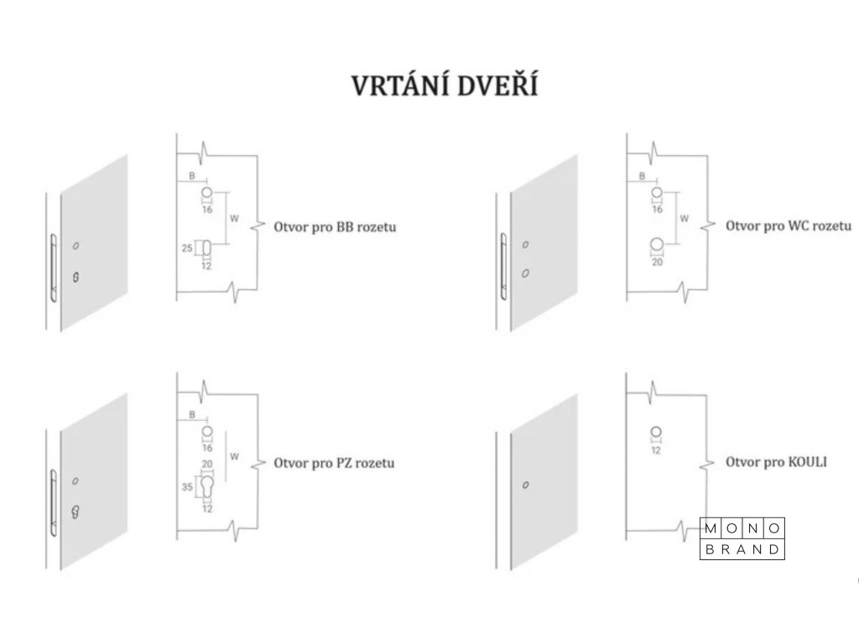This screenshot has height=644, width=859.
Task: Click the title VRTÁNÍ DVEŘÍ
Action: coord(444,86)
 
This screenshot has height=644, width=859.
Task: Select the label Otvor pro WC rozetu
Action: coord(788,226)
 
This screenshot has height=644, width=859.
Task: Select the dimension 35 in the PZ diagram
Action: coord(188,486)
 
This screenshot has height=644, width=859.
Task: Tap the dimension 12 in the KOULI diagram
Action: coord(657,450)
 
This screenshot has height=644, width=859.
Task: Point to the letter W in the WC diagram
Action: coord(685,219)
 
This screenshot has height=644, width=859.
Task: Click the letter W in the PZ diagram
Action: coord(234,457)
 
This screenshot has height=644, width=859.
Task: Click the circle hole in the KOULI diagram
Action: coord(657,433)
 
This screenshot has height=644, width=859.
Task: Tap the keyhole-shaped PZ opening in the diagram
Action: coord(206,486)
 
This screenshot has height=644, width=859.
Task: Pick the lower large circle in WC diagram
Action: coord(657,246)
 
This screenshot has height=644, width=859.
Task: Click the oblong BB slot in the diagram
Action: coord(206,248)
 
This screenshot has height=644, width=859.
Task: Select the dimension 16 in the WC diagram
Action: coord(657,209)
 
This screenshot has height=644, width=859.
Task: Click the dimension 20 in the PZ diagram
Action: coord(206,464)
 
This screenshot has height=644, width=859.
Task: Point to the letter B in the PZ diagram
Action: coord(192,414)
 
